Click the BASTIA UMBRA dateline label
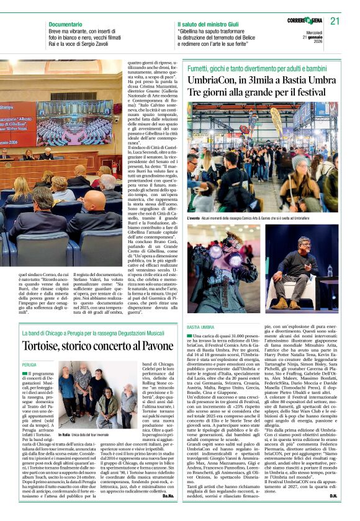(x=200, y=326)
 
